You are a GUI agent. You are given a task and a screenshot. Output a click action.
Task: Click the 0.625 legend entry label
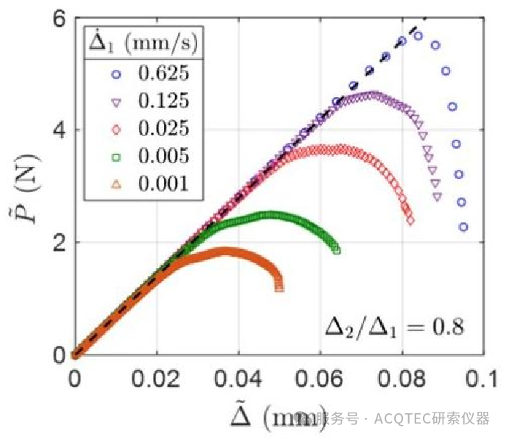pyautogui.click(x=163, y=73)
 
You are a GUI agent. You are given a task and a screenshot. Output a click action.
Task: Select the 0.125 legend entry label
pyautogui.click(x=163, y=101)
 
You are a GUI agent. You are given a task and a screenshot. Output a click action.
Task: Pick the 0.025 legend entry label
pyautogui.click(x=163, y=128)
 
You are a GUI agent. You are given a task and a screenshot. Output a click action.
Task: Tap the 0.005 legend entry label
pyautogui.click(x=163, y=156)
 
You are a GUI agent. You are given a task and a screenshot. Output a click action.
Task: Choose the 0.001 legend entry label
pyautogui.click(x=163, y=184)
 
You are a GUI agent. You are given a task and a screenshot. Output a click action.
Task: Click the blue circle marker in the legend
pyautogui.click(x=115, y=73)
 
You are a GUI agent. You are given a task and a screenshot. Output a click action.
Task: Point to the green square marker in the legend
pyautogui.click(x=115, y=156)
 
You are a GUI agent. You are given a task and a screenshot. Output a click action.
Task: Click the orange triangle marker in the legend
pyautogui.click(x=115, y=184)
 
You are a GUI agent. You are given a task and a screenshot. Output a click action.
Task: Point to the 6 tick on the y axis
pyautogui.click(x=58, y=20)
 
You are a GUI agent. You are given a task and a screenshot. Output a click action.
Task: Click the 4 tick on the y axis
pyautogui.click(x=58, y=130)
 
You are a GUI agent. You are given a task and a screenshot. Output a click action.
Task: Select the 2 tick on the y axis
pyautogui.click(x=58, y=242)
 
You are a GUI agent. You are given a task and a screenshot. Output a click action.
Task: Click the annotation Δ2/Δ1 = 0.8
pyautogui.click(x=394, y=327)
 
